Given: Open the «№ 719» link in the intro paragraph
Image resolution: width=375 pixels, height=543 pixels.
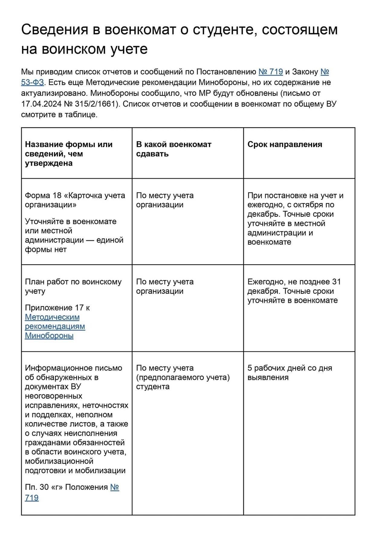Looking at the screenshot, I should tap(270, 72).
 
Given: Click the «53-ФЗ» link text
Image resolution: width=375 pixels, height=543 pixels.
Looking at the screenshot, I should tap(32, 82).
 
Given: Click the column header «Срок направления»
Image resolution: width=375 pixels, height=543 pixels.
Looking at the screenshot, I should tap(285, 144).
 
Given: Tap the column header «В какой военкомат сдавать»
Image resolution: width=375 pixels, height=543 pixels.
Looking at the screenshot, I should tap(173, 149).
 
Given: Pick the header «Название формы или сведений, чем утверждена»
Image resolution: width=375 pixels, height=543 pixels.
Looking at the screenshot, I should tap(69, 154).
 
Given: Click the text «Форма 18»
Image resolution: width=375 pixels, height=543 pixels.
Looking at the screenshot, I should tap(43, 195).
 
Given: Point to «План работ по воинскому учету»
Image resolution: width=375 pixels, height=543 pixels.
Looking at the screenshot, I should tap(73, 286).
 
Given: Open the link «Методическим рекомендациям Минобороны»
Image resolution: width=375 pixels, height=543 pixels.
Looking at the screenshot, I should tap(55, 326).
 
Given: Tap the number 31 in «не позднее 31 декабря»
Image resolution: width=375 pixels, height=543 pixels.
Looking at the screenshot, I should tap(336, 282).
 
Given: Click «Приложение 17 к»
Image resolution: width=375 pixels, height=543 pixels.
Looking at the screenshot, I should tap(57, 308).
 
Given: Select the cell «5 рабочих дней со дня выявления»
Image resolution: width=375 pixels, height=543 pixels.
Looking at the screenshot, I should tap(289, 373).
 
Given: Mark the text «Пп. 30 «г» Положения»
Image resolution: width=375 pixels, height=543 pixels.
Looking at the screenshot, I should tap(66, 487).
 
